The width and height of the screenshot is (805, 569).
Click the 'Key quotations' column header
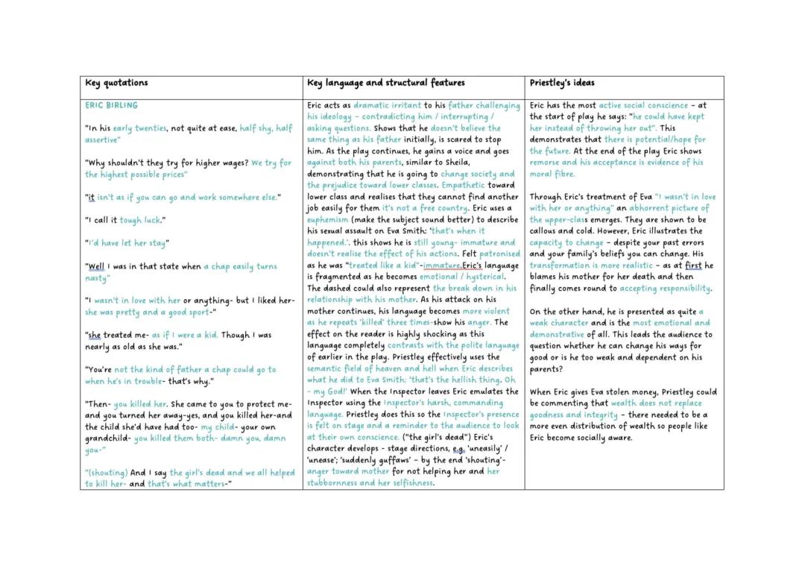point(116,83)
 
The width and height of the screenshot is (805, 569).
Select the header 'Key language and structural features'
point(385,83)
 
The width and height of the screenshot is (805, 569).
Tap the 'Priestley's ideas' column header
point(562,83)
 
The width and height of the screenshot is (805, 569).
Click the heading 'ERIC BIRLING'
point(111,105)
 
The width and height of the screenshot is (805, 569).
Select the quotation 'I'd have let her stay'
point(127,242)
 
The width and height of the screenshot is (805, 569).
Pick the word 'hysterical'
point(483,277)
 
